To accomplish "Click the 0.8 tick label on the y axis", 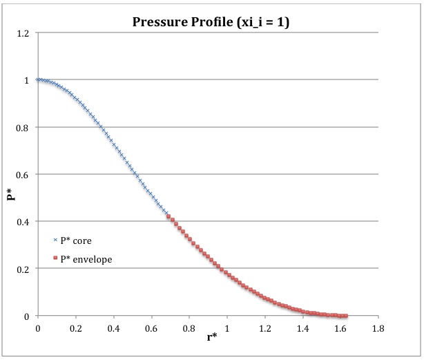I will [26, 127].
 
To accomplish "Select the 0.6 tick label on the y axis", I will [26, 174].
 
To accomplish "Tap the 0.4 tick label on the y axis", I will [26, 221].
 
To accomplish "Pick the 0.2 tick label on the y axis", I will [26, 268].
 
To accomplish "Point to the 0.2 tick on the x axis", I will [76, 328].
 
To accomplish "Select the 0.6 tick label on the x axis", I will [152, 328].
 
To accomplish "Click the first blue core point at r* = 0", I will [38, 80].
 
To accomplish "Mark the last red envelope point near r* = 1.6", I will [345, 316].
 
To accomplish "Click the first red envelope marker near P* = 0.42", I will [169, 217].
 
